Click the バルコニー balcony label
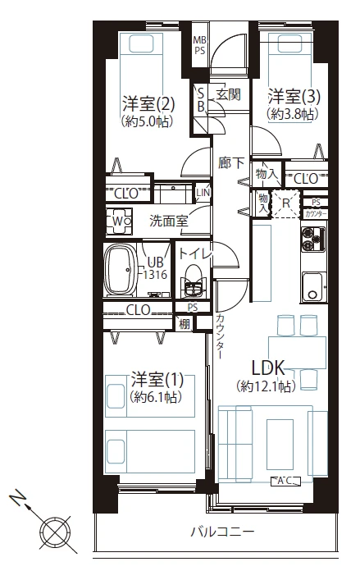221,532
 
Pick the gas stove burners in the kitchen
313,240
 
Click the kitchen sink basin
313,286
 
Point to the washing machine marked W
118,221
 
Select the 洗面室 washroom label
168,221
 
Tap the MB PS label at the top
199,45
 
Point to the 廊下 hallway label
230,162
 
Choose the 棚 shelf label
185,323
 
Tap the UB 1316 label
157,269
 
